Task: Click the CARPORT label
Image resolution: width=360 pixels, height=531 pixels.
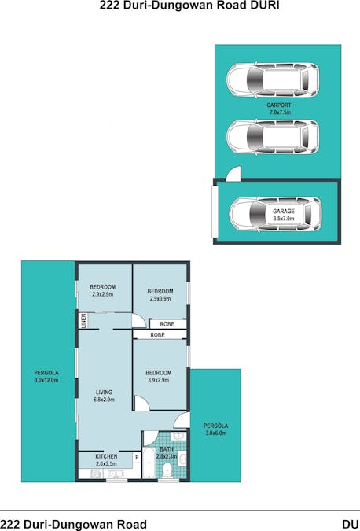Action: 279,105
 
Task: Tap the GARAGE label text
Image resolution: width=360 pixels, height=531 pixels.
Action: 284,212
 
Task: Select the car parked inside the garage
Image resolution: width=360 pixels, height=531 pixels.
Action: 275,214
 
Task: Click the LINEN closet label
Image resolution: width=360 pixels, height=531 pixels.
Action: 83,321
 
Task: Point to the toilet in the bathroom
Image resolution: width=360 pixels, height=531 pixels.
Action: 167,470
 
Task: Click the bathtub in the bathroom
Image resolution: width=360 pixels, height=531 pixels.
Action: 149,463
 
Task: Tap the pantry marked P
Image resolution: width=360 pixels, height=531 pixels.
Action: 137,458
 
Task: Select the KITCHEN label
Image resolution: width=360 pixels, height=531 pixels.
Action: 106,456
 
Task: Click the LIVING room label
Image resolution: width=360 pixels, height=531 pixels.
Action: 104,393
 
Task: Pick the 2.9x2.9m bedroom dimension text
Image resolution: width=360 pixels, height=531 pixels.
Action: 103,294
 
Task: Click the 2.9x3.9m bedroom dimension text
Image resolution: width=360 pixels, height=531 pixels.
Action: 160,299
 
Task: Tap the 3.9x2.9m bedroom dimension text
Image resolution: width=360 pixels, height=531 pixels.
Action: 159,380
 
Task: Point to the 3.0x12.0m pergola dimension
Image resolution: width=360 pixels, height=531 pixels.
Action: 46,380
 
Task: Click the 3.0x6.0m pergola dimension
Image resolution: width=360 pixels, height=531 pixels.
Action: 215,433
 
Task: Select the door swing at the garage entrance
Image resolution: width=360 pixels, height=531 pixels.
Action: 233,173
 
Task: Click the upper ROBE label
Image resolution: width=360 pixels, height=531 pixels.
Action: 167,324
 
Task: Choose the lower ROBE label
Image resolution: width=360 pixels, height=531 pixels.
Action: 158,335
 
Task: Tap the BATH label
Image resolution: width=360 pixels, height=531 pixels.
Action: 167,449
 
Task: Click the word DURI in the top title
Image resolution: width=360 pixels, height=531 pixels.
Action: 266,5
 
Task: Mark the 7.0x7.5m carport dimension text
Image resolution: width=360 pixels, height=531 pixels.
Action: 280,112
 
